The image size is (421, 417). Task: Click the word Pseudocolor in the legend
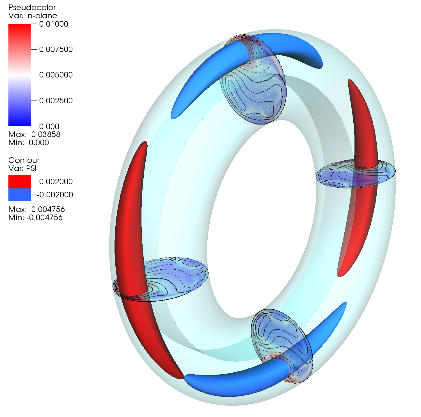pos(32,8)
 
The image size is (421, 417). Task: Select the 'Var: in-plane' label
pos(33,16)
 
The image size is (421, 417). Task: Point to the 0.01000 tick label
pos(54,24)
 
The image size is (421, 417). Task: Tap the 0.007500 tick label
pos(56,49)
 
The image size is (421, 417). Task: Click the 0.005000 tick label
pos(56,75)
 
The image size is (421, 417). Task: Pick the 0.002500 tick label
pos(56,101)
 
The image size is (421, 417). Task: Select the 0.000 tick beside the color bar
pos(49,126)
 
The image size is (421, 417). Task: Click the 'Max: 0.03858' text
pos(34,135)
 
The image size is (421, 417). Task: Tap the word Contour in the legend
pos(24,160)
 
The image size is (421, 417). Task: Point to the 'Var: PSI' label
pos(22,168)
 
